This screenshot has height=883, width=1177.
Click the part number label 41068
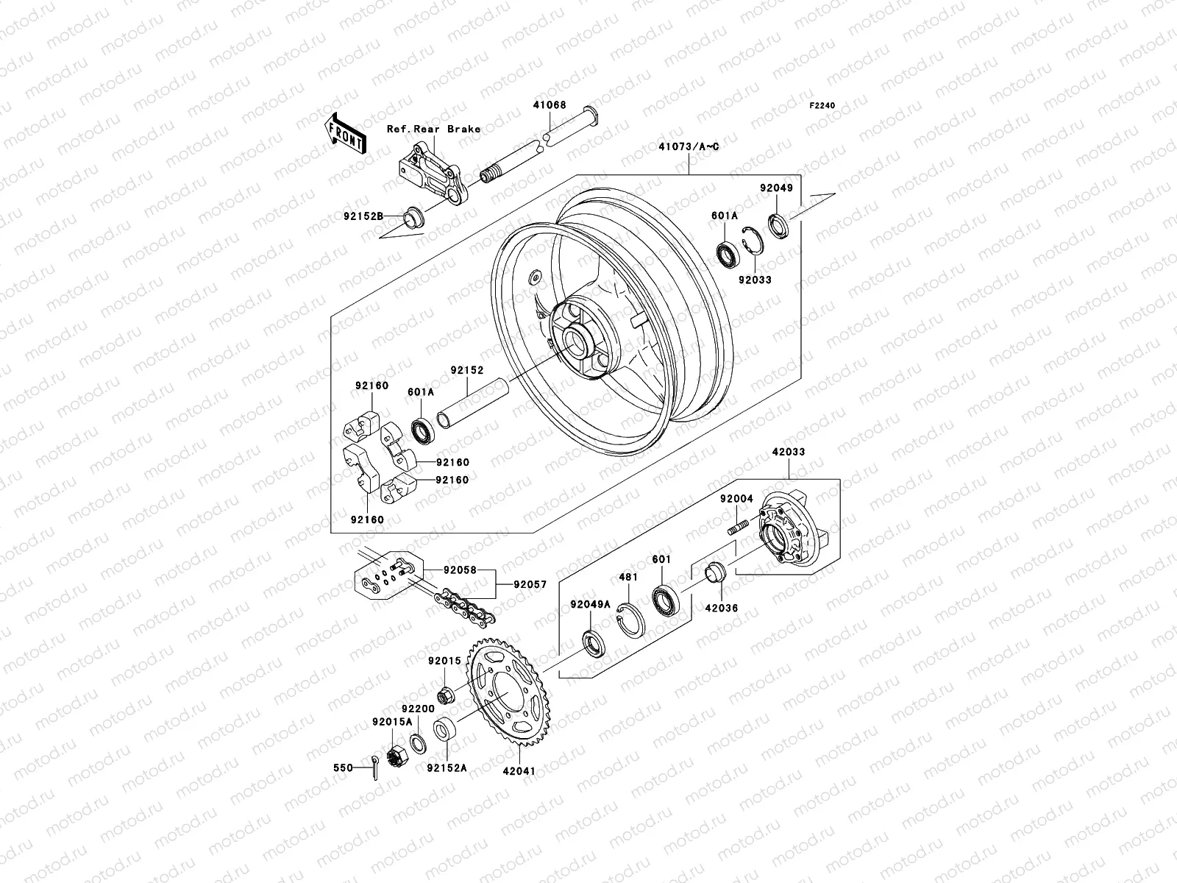click(550, 105)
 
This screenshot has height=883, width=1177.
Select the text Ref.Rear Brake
click(454, 129)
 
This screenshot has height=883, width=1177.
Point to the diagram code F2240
click(822, 106)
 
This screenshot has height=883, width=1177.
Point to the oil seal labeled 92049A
click(592, 642)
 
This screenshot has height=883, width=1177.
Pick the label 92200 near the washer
click(417, 708)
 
